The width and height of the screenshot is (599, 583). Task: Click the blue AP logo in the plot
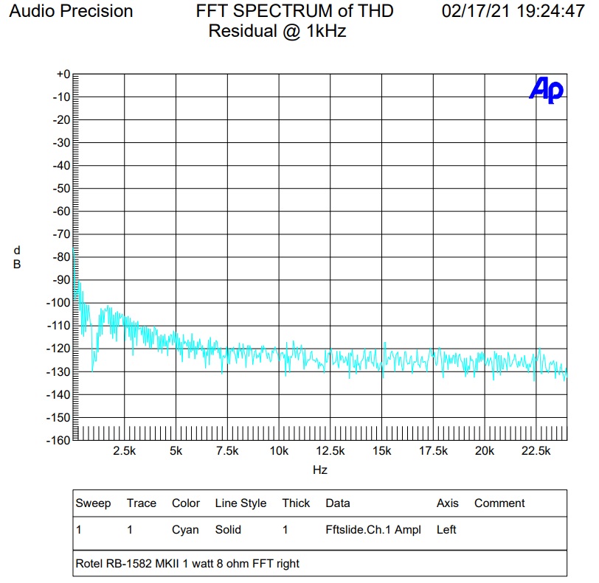point(546,90)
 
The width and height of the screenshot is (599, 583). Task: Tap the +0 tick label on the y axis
point(62,74)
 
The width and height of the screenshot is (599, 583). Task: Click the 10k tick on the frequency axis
point(278,451)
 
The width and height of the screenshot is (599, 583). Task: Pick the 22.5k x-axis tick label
point(536,451)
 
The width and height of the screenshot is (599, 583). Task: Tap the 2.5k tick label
point(124,451)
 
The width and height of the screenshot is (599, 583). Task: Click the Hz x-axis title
point(319,469)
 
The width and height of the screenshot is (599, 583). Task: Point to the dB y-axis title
point(17,257)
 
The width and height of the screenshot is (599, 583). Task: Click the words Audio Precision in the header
point(71,12)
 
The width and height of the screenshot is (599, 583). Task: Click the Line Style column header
point(240,503)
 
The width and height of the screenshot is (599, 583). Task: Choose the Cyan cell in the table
point(185,529)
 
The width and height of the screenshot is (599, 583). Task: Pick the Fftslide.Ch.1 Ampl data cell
point(373,529)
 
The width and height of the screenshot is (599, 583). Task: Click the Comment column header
point(499,503)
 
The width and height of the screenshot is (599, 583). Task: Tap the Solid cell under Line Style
point(228,529)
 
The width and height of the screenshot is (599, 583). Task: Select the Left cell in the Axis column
point(446,529)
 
